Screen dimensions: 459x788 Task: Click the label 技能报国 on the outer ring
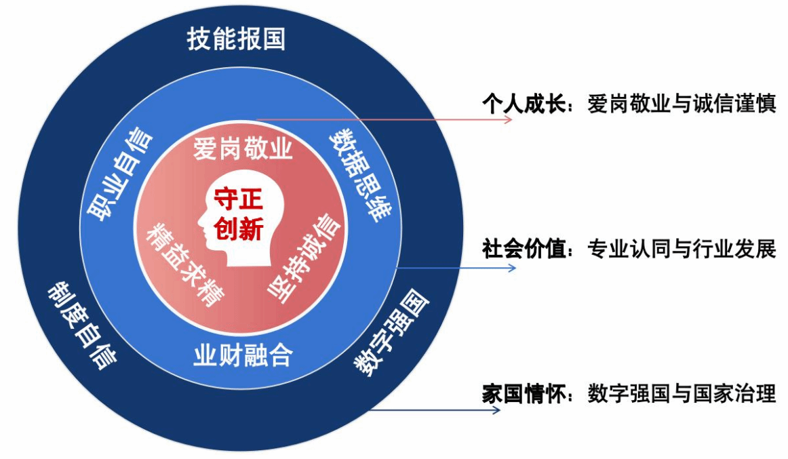pos(236,39)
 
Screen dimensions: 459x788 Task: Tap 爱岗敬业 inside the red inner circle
pos(242,148)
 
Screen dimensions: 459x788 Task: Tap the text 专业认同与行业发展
pos(681,249)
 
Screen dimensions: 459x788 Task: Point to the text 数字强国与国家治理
pos(681,394)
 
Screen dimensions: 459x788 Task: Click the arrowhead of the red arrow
pos(508,119)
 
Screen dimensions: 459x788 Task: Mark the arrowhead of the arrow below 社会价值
pos(510,268)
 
